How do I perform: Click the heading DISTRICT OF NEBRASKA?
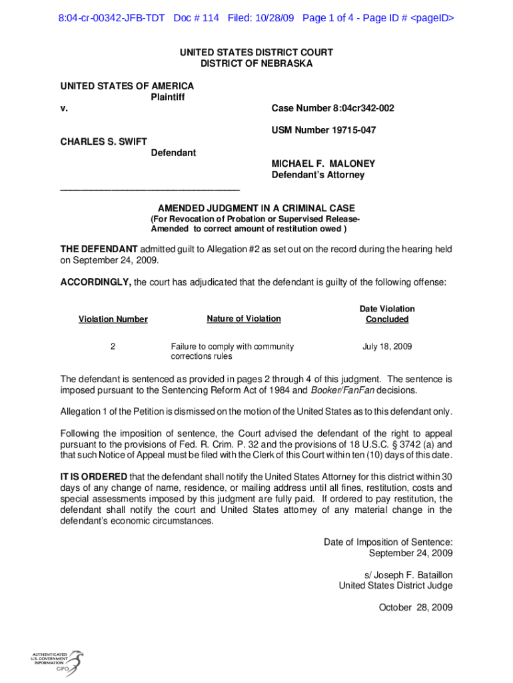(x=256, y=64)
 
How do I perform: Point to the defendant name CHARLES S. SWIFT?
(x=104, y=141)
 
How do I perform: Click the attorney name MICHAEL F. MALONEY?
(x=323, y=163)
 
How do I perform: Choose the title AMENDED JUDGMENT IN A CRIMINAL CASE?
(x=256, y=208)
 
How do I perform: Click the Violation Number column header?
(x=113, y=319)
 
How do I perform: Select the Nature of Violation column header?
(x=244, y=319)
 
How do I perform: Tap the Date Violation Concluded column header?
(x=387, y=314)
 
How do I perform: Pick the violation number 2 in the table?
(x=113, y=347)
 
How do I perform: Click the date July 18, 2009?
(x=387, y=347)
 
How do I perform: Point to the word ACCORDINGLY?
(x=96, y=282)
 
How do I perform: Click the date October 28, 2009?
(x=416, y=607)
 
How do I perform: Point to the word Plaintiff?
(x=167, y=97)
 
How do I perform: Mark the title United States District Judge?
(x=396, y=586)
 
